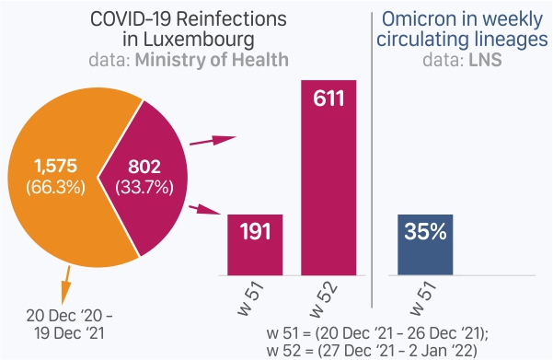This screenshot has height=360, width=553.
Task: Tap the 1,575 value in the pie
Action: pyautogui.click(x=55, y=166)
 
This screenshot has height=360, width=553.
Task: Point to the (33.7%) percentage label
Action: pyautogui.click(x=144, y=187)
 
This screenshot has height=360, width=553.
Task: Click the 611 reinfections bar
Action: pyautogui.click(x=328, y=178)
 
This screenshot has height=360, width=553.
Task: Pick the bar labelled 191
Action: pyautogui.click(x=255, y=245)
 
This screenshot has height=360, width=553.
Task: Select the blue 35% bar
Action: pyautogui.click(x=425, y=245)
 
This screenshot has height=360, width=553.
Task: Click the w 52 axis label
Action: pyautogui.click(x=324, y=299)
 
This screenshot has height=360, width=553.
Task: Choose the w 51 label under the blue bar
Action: pyautogui.click(x=423, y=298)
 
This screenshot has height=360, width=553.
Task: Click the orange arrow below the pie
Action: pyautogui.click(x=66, y=285)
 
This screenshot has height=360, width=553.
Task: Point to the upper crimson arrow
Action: pyautogui.click(x=213, y=140)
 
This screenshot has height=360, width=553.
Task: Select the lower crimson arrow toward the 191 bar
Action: pyautogui.click(x=205, y=209)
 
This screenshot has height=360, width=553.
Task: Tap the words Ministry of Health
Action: pyautogui.click(x=212, y=60)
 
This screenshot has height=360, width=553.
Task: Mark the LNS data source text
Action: pyautogui.click(x=485, y=60)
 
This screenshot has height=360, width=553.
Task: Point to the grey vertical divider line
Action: pyautogui.click(x=372, y=160)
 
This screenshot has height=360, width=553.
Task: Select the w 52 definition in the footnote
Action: pyautogui.click(x=372, y=351)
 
